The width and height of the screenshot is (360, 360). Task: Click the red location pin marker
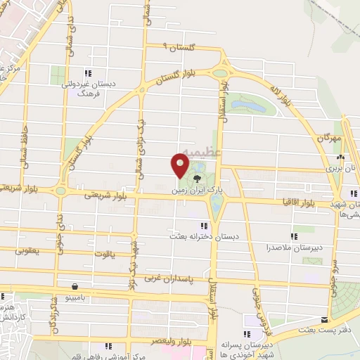pyautogui.click(x=179, y=166)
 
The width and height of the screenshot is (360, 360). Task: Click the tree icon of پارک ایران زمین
pyautogui.click(x=195, y=168)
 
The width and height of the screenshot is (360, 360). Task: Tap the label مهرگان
pyautogui.click(x=328, y=139)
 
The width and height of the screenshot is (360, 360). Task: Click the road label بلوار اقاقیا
pyautogui.click(x=304, y=202)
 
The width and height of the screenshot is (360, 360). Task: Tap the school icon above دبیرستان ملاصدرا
pyautogui.click(x=293, y=236)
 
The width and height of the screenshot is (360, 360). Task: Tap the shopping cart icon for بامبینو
pyautogui.click(x=75, y=287)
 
